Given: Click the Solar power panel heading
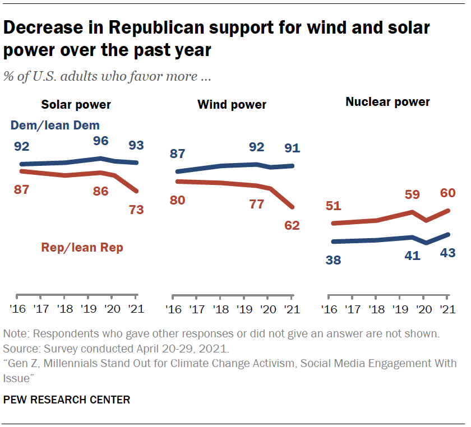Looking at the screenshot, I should coord(76,105).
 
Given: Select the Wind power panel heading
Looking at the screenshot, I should coord(232,105).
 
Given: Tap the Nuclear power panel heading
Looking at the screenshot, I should coord(387,102).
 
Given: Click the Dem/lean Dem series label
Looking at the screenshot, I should coord(55,126).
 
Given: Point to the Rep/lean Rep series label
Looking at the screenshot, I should coord(81,247).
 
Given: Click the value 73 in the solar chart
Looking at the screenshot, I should coord(136,210).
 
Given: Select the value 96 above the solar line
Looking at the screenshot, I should coord(101,141).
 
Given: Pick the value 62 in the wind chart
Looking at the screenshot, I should coord(292,226).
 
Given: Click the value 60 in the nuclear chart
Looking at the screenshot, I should coord(447,193).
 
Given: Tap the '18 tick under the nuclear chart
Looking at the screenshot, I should coord(376,309).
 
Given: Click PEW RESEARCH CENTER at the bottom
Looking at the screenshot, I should coord(67,400).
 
